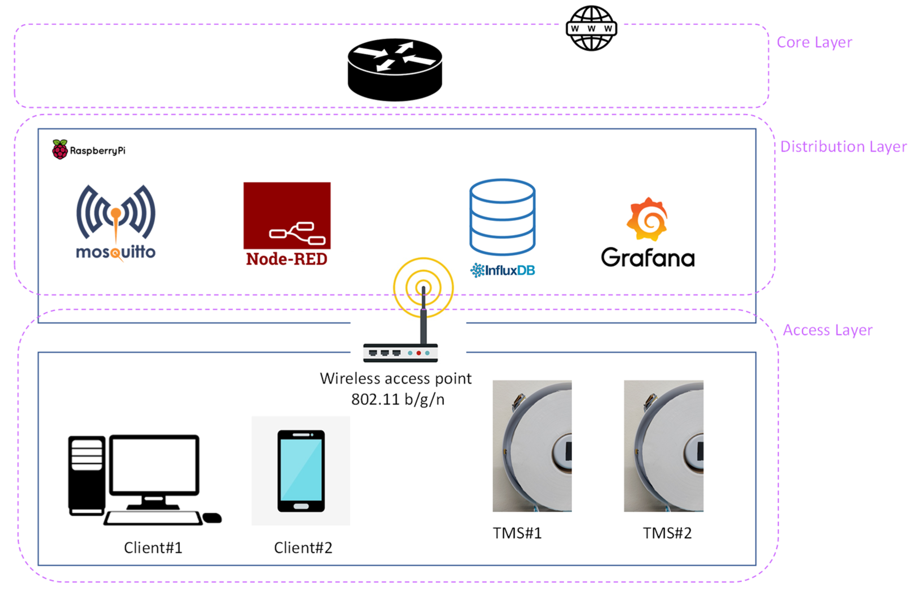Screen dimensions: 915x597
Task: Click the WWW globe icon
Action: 591,28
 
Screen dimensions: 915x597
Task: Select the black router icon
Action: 395,70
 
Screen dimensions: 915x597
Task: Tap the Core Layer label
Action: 814,42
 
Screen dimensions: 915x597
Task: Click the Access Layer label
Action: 828,330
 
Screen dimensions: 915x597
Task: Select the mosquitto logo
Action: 116,223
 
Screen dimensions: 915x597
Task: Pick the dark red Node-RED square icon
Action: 287,216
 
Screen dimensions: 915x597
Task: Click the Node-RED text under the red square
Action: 287,259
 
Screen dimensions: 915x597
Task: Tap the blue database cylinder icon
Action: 502,217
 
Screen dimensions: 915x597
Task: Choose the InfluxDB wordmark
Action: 502,271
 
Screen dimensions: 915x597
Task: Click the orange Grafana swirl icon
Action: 647,219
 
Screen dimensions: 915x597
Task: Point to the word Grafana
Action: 648,257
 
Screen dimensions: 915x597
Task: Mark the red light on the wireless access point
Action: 419,353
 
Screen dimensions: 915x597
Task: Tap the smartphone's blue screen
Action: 301,470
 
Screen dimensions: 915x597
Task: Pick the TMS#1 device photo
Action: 532,446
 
